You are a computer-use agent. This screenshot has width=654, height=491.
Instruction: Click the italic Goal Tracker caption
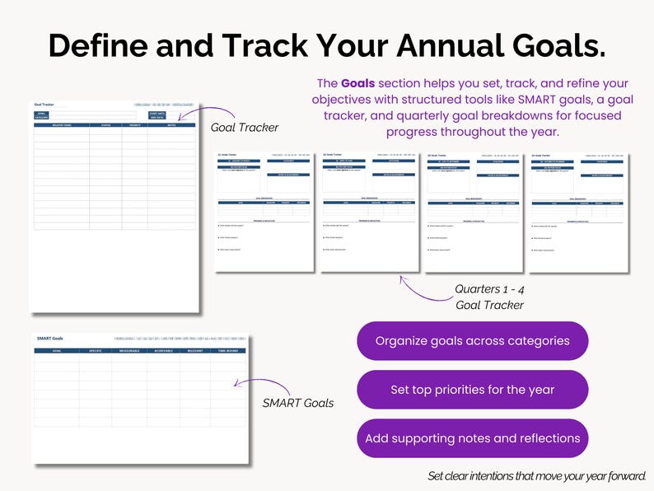pyautogui.click(x=245, y=128)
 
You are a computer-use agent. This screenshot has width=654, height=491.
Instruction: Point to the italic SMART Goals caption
pyautogui.click(x=298, y=403)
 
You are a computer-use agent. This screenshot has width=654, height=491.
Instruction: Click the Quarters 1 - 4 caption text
pyautogui.click(x=489, y=290)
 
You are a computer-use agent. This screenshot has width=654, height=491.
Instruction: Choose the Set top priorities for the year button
pyautogui.click(x=473, y=390)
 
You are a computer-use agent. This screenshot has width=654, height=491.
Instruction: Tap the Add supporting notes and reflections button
pyautogui.click(x=473, y=438)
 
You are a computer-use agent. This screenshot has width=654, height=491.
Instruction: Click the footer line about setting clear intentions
pyautogui.click(x=537, y=476)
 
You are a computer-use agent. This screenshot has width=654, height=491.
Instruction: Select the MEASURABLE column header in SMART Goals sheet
pyautogui.click(x=128, y=351)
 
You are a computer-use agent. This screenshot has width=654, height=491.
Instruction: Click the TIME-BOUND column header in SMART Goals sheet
pyautogui.click(x=228, y=351)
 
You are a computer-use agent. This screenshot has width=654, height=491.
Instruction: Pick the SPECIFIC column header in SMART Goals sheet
pyautogui.click(x=95, y=351)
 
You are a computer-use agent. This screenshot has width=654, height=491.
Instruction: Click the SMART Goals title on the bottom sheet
pyautogui.click(x=49, y=339)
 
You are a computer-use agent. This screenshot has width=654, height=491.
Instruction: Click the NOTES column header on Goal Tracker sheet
pyautogui.click(x=171, y=125)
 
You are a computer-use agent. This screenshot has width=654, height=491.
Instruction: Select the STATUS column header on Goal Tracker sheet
pyautogui.click(x=105, y=125)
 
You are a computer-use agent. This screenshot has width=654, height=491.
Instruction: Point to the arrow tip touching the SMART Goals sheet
pyautogui.click(x=235, y=383)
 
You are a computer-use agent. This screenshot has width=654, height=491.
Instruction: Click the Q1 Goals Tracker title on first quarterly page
pyautogui.click(x=227, y=154)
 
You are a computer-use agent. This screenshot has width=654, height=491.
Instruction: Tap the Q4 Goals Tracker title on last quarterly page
pyautogui.click(x=542, y=154)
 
